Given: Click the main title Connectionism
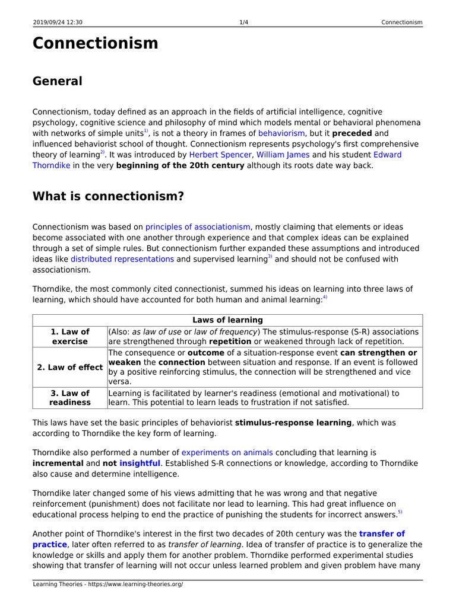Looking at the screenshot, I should tap(95, 43).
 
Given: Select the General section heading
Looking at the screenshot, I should tap(57, 81).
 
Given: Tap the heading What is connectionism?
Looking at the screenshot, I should tap(108, 196).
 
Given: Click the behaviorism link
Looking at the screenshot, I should tap(281, 133).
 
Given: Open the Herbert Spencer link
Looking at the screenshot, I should tap(220, 155).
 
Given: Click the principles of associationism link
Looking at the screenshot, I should tap(198, 227).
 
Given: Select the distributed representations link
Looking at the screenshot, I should tap(122, 259).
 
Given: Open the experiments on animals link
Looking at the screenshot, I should tap(227, 452).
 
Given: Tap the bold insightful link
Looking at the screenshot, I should tap(140, 463).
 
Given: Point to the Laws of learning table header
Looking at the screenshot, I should tap(227, 320).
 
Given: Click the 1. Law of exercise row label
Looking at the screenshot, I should tap(70, 337).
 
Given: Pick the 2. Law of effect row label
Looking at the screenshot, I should tap(70, 367).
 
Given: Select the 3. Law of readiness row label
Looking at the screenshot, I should tap(70, 398).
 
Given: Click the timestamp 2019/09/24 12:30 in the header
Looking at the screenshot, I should tap(58, 23).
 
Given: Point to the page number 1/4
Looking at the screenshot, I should tap(243, 23).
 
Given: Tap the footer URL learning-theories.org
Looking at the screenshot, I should tap(107, 584).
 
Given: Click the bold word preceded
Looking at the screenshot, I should tap(352, 133).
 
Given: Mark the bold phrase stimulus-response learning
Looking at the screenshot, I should tap(293, 423).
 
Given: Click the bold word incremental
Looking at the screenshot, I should tap(58, 463).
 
